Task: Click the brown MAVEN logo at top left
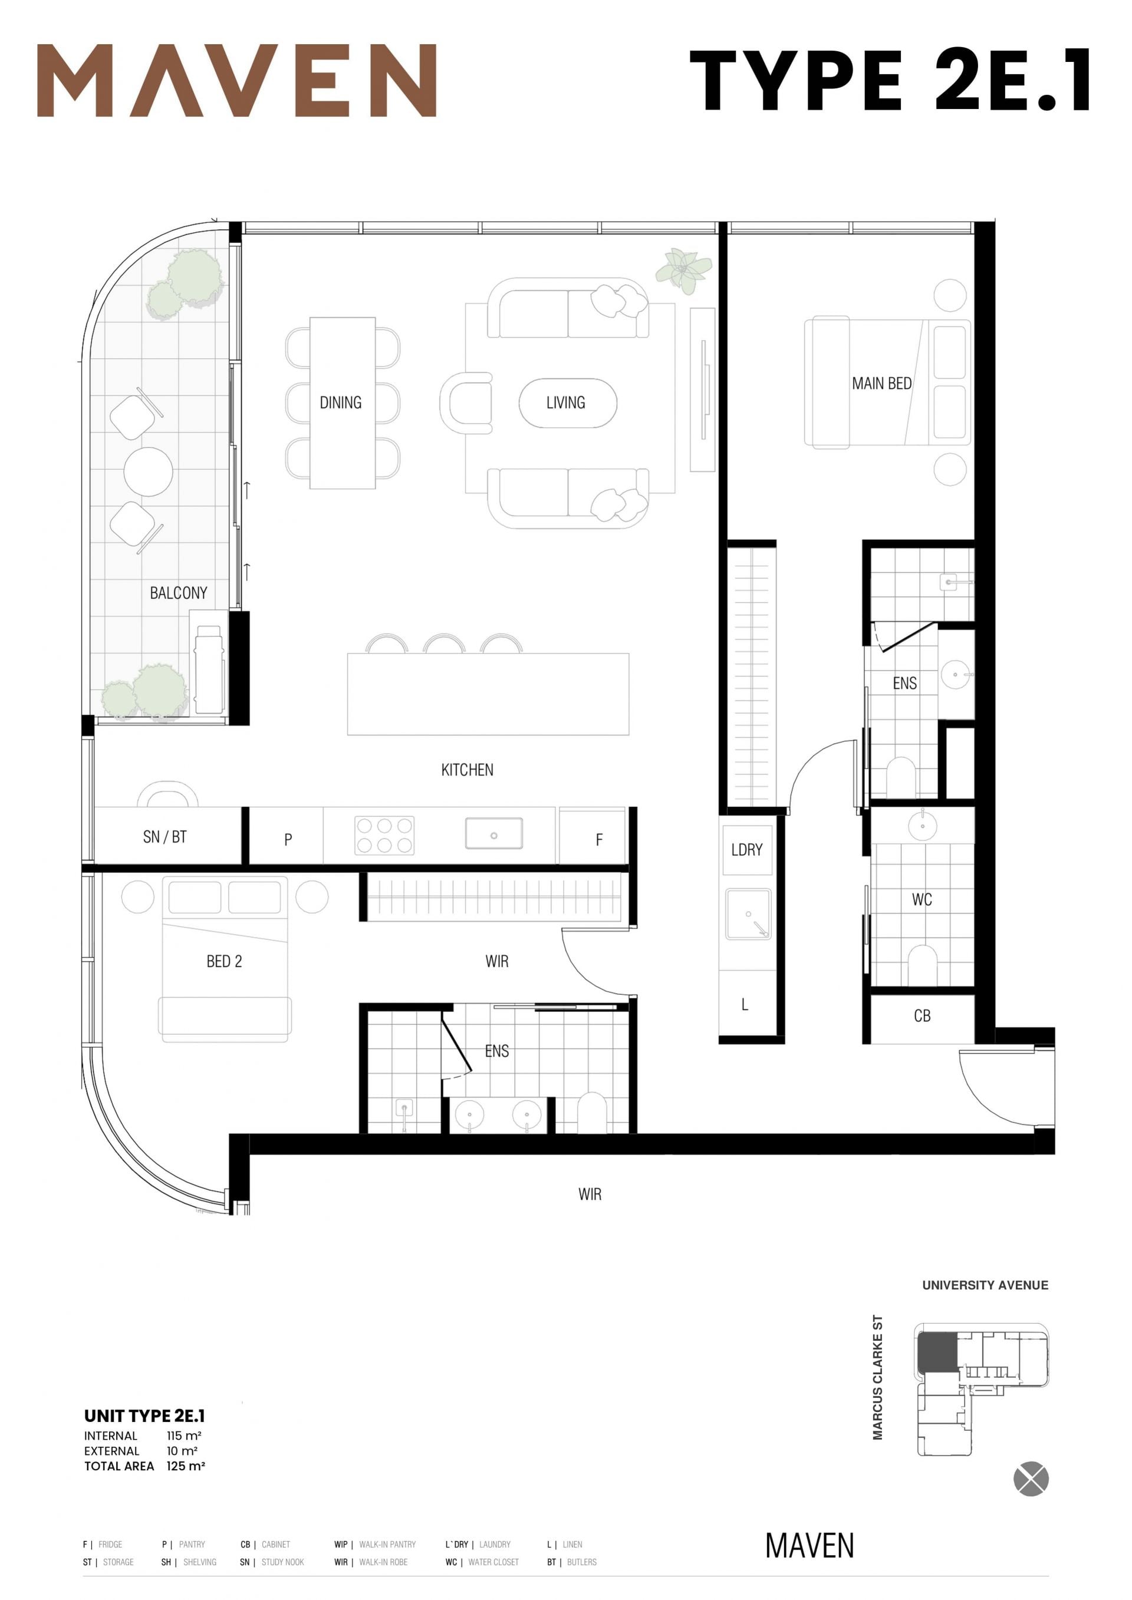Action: point(236,80)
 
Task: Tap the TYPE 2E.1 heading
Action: point(890,80)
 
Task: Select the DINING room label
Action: point(340,402)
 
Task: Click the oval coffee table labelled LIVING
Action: point(567,403)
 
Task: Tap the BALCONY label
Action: point(179,593)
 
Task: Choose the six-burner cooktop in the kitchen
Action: point(385,836)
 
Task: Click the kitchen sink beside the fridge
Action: point(493,833)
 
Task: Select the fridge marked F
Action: point(593,836)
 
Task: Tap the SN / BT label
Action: point(164,837)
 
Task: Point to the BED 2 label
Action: point(224,961)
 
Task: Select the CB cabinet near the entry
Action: point(922,1016)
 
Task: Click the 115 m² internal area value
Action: point(184,1436)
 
